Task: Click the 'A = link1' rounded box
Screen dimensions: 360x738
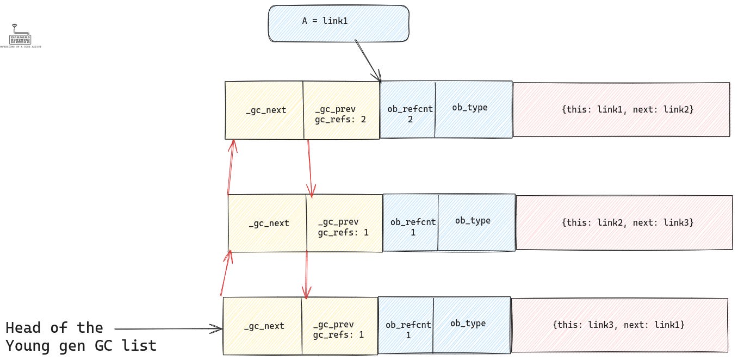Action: (x=338, y=23)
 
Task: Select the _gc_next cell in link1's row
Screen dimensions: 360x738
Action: (x=264, y=110)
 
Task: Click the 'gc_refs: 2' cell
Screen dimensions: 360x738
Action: (x=341, y=110)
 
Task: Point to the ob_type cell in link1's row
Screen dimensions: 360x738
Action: (x=473, y=110)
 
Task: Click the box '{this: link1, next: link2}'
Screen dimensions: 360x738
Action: (x=621, y=110)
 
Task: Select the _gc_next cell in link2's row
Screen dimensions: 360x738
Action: (x=268, y=223)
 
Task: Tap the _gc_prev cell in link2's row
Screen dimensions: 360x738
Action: (x=344, y=223)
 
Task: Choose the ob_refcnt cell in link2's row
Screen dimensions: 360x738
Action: (x=411, y=224)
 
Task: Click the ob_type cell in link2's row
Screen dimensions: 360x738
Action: (x=476, y=223)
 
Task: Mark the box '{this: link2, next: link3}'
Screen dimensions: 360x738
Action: (x=624, y=222)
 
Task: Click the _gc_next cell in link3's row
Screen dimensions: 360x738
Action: (x=263, y=326)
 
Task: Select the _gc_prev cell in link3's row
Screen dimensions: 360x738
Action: (x=339, y=326)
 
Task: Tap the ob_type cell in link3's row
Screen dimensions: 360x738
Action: (x=471, y=326)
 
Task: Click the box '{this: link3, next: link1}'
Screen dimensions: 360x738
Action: (x=619, y=325)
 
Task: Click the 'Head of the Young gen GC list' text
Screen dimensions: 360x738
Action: (x=80, y=337)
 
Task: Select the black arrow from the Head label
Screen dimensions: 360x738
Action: (x=169, y=328)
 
